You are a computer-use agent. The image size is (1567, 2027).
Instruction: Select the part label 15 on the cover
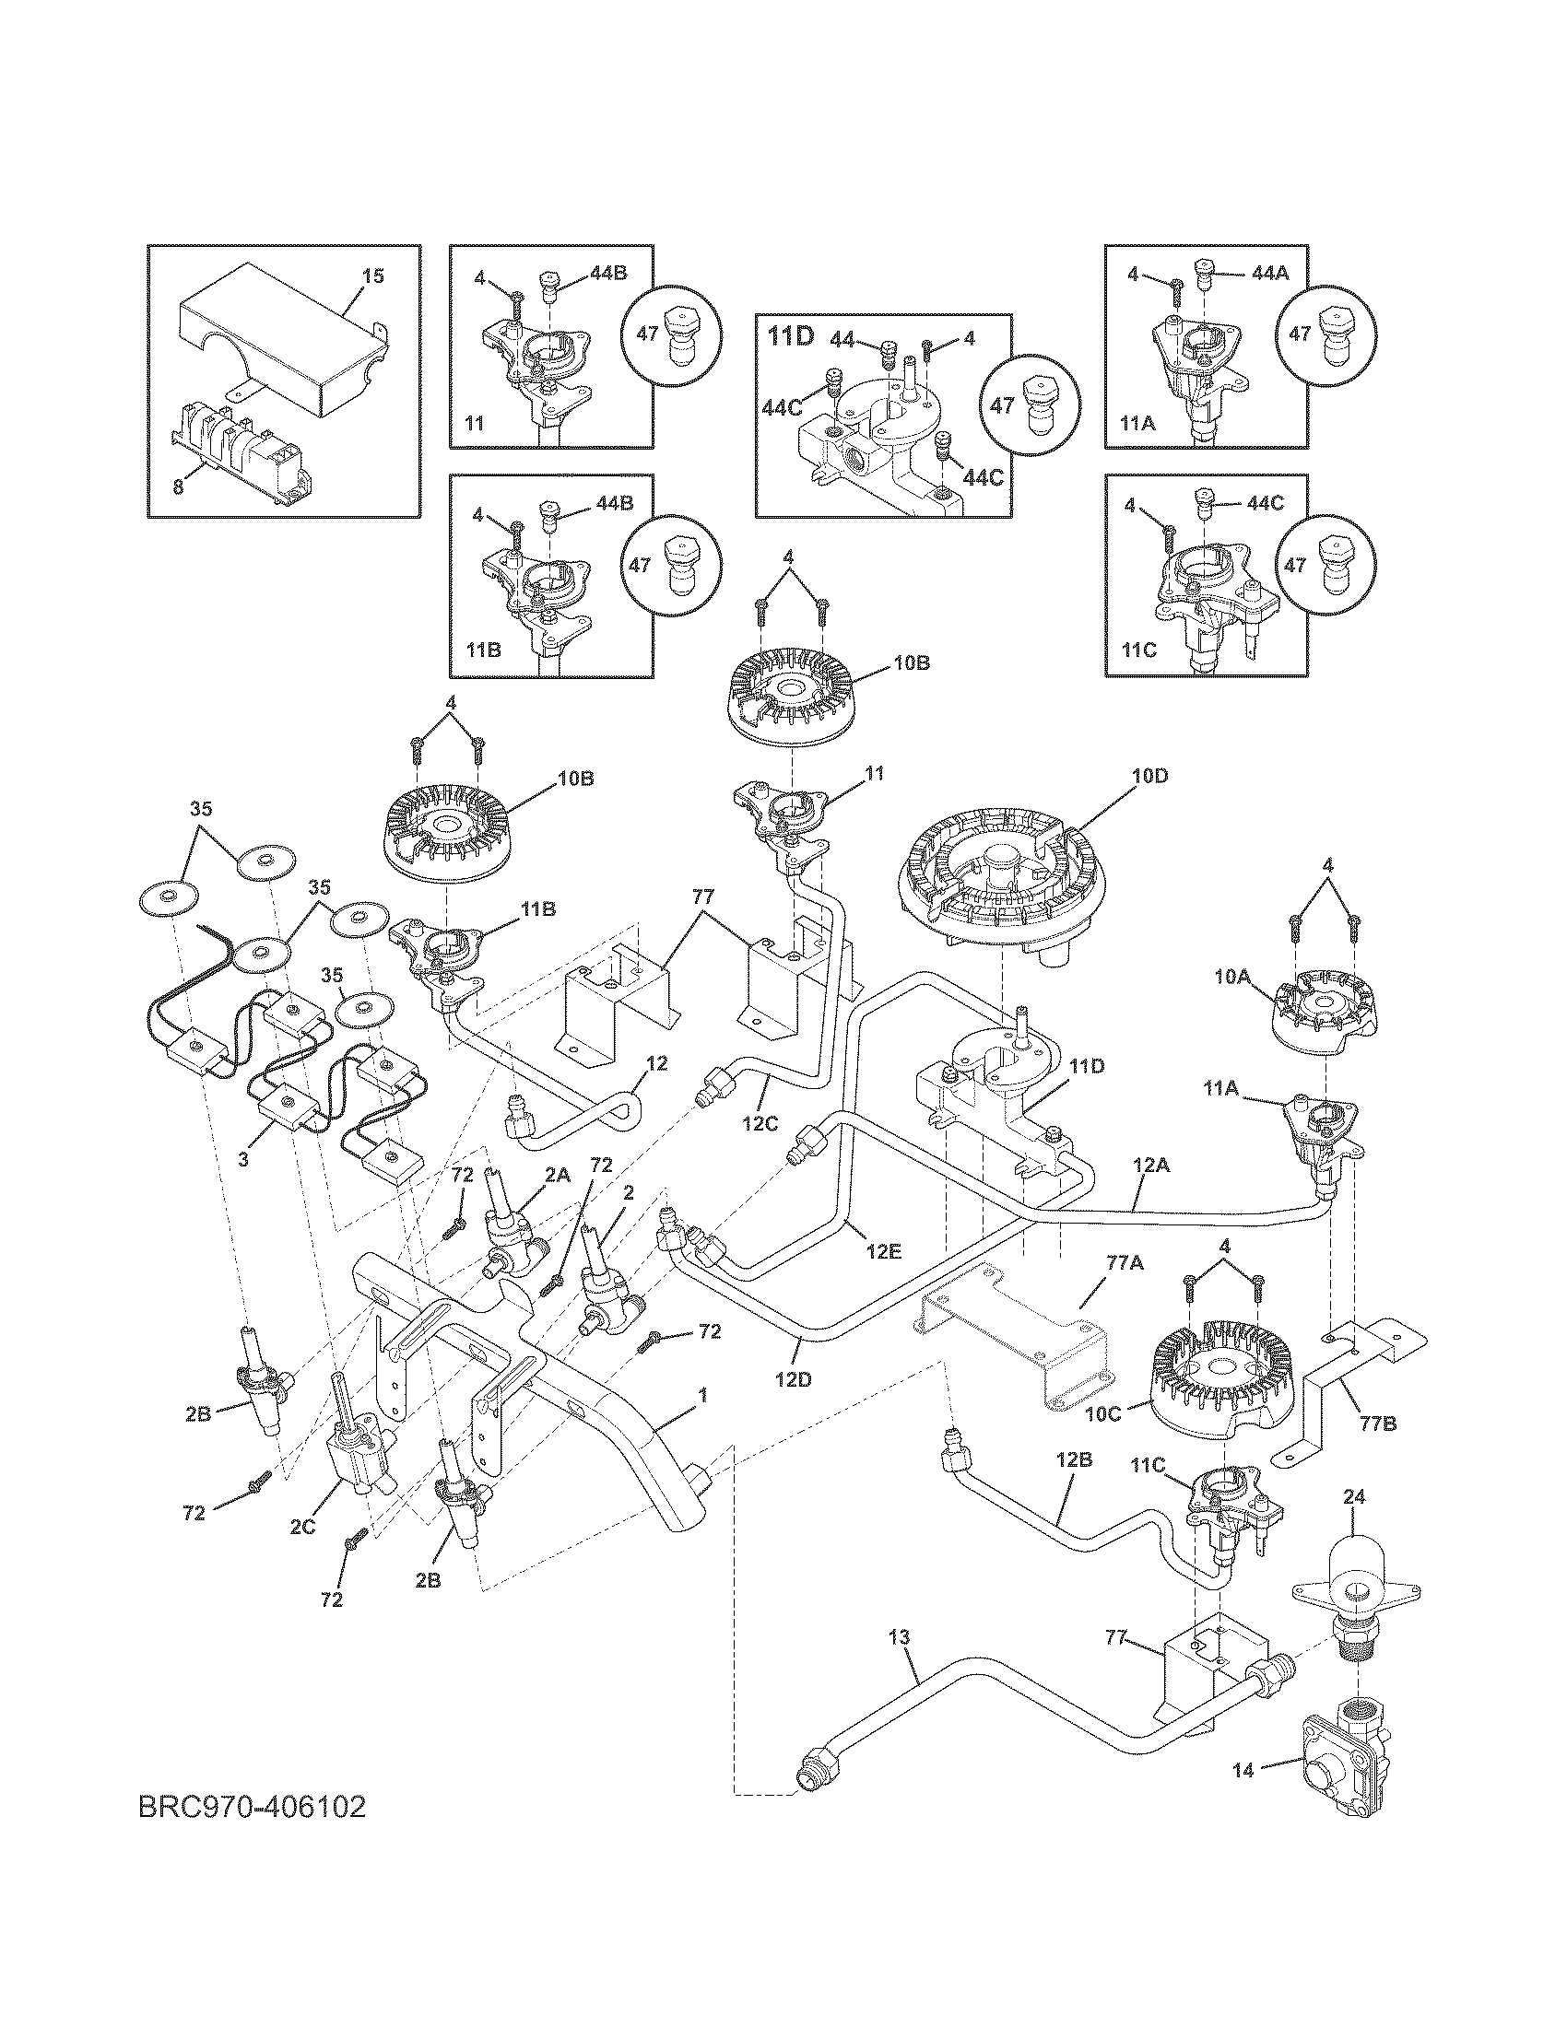coord(372,276)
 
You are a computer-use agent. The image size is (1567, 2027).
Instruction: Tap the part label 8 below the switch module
coord(177,486)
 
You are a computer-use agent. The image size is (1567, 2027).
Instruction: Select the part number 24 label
coord(1354,1497)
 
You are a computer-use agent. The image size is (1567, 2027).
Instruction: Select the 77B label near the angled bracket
coord(1377,1423)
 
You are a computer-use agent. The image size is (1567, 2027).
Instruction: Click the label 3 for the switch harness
coord(243,1159)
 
